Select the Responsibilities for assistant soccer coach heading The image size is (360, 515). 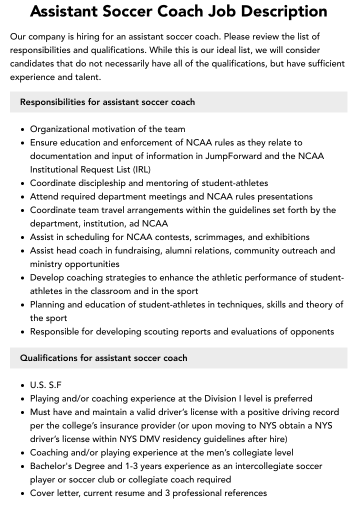point(107,102)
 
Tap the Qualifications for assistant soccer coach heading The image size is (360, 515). point(103,358)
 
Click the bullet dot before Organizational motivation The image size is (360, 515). point(23,129)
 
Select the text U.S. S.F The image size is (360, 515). point(46,385)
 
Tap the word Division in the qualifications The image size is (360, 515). point(221,398)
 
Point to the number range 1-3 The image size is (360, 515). point(132,466)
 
